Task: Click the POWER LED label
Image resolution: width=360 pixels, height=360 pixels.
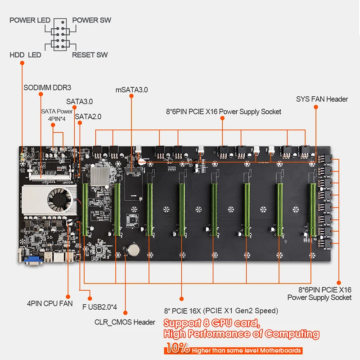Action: pyautogui.click(x=30, y=20)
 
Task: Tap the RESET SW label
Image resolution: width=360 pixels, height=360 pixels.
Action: pyautogui.click(x=90, y=55)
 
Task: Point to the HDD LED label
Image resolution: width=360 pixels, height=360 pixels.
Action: pyautogui.click(x=25, y=55)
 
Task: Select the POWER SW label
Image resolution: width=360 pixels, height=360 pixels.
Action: pyautogui.click(x=91, y=20)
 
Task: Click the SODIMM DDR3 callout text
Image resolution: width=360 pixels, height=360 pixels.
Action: pyautogui.click(x=47, y=87)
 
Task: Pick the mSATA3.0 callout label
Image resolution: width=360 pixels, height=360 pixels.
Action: pyautogui.click(x=131, y=90)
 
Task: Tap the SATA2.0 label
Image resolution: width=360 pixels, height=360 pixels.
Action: pyautogui.click(x=88, y=116)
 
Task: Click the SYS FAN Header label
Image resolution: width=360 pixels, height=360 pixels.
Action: pyautogui.click(x=322, y=99)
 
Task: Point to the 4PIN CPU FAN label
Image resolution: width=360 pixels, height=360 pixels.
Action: pyautogui.click(x=49, y=303)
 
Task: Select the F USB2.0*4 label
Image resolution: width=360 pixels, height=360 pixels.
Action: pyautogui.click(x=100, y=308)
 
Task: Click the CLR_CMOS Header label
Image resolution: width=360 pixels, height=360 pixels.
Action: pyautogui.click(x=125, y=322)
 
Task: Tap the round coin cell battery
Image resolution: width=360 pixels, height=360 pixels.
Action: pyautogui.click(x=134, y=248)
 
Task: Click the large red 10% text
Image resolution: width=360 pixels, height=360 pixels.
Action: pyautogui.click(x=178, y=348)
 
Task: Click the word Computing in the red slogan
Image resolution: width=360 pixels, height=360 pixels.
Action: pyautogui.click(x=292, y=334)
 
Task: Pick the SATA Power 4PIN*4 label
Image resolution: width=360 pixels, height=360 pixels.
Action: pyautogui.click(x=56, y=114)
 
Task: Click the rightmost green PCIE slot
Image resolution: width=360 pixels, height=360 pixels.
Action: pyautogui.click(x=311, y=209)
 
